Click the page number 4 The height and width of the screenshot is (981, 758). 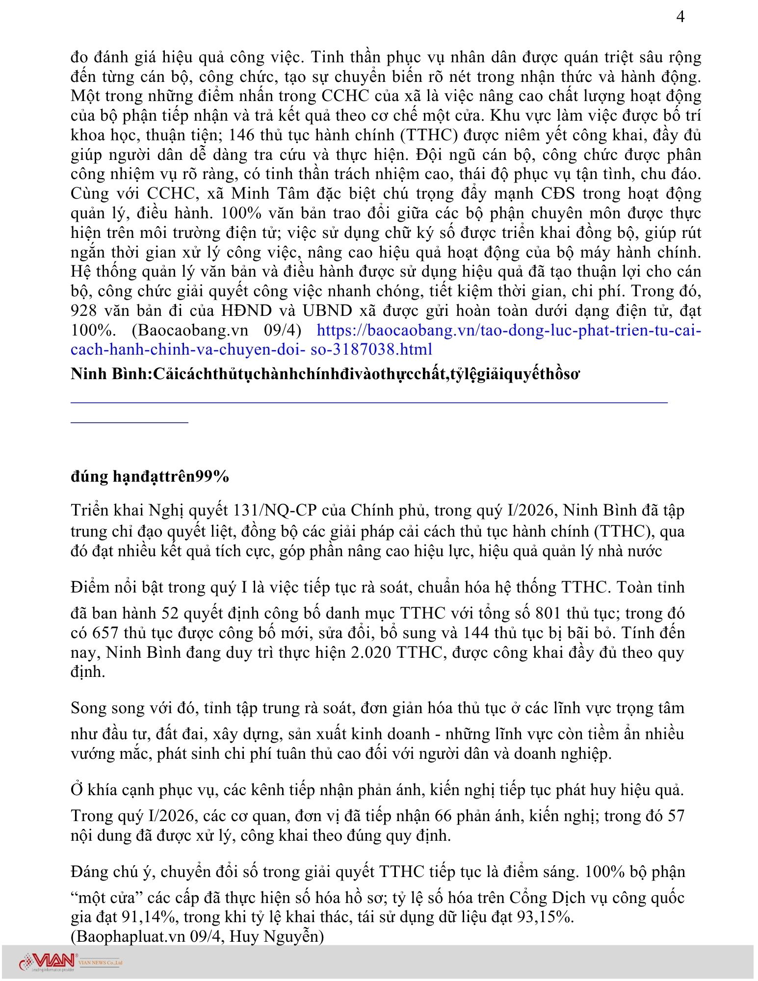coord(680,17)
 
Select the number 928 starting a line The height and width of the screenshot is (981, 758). coord(85,310)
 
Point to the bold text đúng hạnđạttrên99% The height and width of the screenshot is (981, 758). coord(150,476)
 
